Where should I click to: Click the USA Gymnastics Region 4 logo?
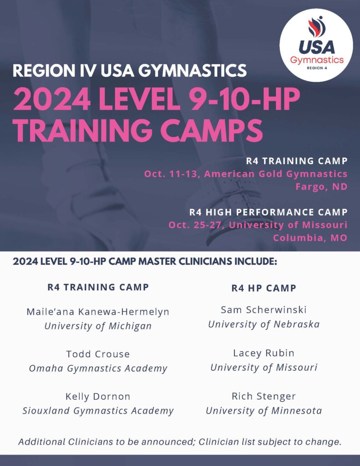316,45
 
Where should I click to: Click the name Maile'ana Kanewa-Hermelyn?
98,312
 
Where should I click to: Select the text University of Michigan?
98,326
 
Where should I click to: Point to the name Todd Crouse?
98,354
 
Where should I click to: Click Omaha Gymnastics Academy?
98,369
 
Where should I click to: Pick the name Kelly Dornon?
98,396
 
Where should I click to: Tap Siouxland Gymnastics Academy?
98,411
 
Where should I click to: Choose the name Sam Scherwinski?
264,309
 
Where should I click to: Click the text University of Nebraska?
264,324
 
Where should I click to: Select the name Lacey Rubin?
264,353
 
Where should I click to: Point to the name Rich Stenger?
264,396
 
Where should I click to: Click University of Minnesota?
264,411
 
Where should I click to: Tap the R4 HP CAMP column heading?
264,288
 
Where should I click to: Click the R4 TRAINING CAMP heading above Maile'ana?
98,287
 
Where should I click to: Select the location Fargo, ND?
321,187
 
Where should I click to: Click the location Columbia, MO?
310,238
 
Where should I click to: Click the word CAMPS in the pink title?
212,130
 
